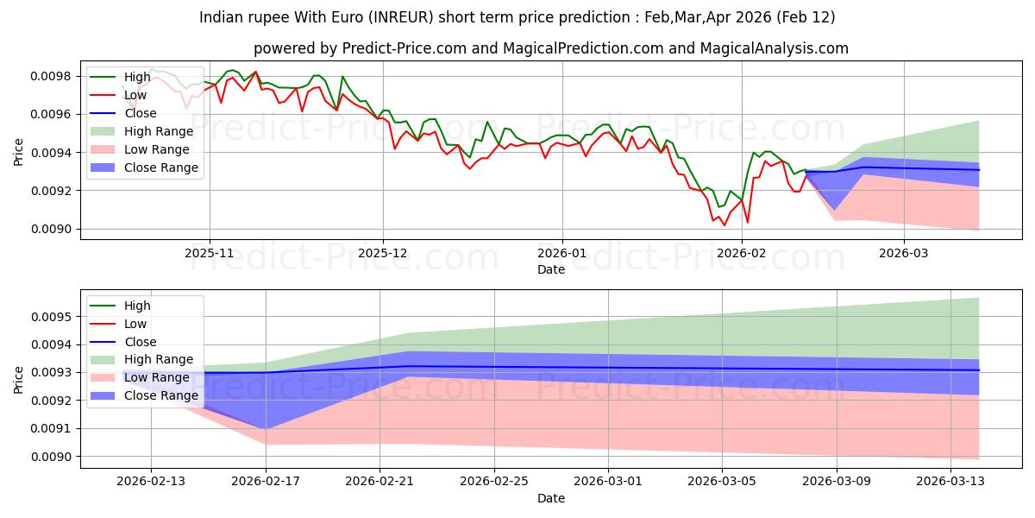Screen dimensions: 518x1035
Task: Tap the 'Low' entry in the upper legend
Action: tap(135, 95)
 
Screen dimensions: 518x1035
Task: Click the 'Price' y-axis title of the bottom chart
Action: tap(19, 379)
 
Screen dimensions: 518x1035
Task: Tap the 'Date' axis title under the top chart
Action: tap(551, 269)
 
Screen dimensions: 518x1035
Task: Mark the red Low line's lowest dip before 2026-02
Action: tap(724, 225)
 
